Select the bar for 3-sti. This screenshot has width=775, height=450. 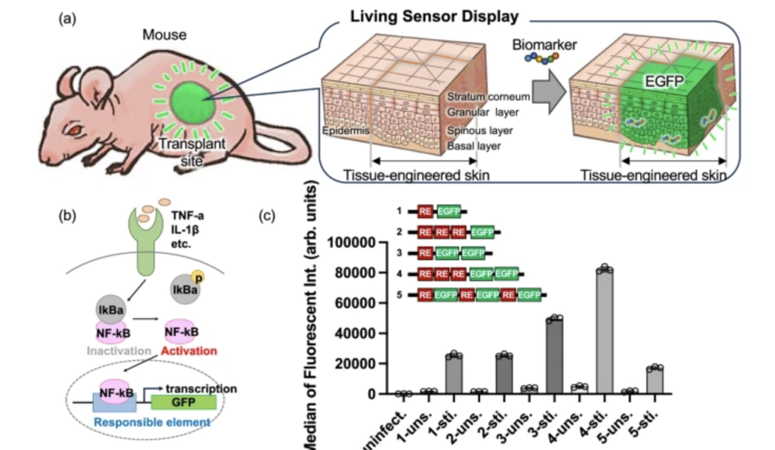[555, 355]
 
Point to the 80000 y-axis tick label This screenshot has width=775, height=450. [354, 273]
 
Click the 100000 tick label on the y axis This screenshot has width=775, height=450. [351, 243]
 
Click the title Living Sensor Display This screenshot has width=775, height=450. [435, 17]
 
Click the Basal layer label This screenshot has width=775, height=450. [473, 146]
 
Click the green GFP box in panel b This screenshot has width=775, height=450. [183, 402]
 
